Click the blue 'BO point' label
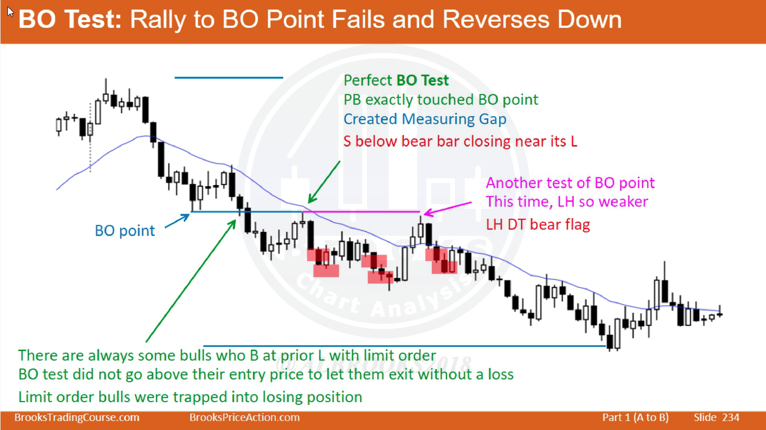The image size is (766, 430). tap(125, 231)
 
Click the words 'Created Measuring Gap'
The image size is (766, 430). tap(425, 119)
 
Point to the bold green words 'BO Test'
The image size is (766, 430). tap(422, 80)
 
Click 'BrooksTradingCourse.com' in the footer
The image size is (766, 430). tap(77, 417)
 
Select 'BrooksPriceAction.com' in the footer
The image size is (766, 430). tap(244, 417)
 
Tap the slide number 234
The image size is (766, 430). tap(731, 417)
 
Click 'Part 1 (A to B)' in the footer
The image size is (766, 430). tap(635, 417)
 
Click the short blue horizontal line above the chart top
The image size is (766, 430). tap(229, 78)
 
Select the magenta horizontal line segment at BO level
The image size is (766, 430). tap(361, 212)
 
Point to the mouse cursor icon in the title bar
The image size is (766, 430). tap(10, 13)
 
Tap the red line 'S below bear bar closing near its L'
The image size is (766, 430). tap(460, 141)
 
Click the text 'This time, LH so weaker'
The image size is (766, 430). tap(567, 202)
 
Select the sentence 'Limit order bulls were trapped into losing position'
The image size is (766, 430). tap(190, 397)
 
